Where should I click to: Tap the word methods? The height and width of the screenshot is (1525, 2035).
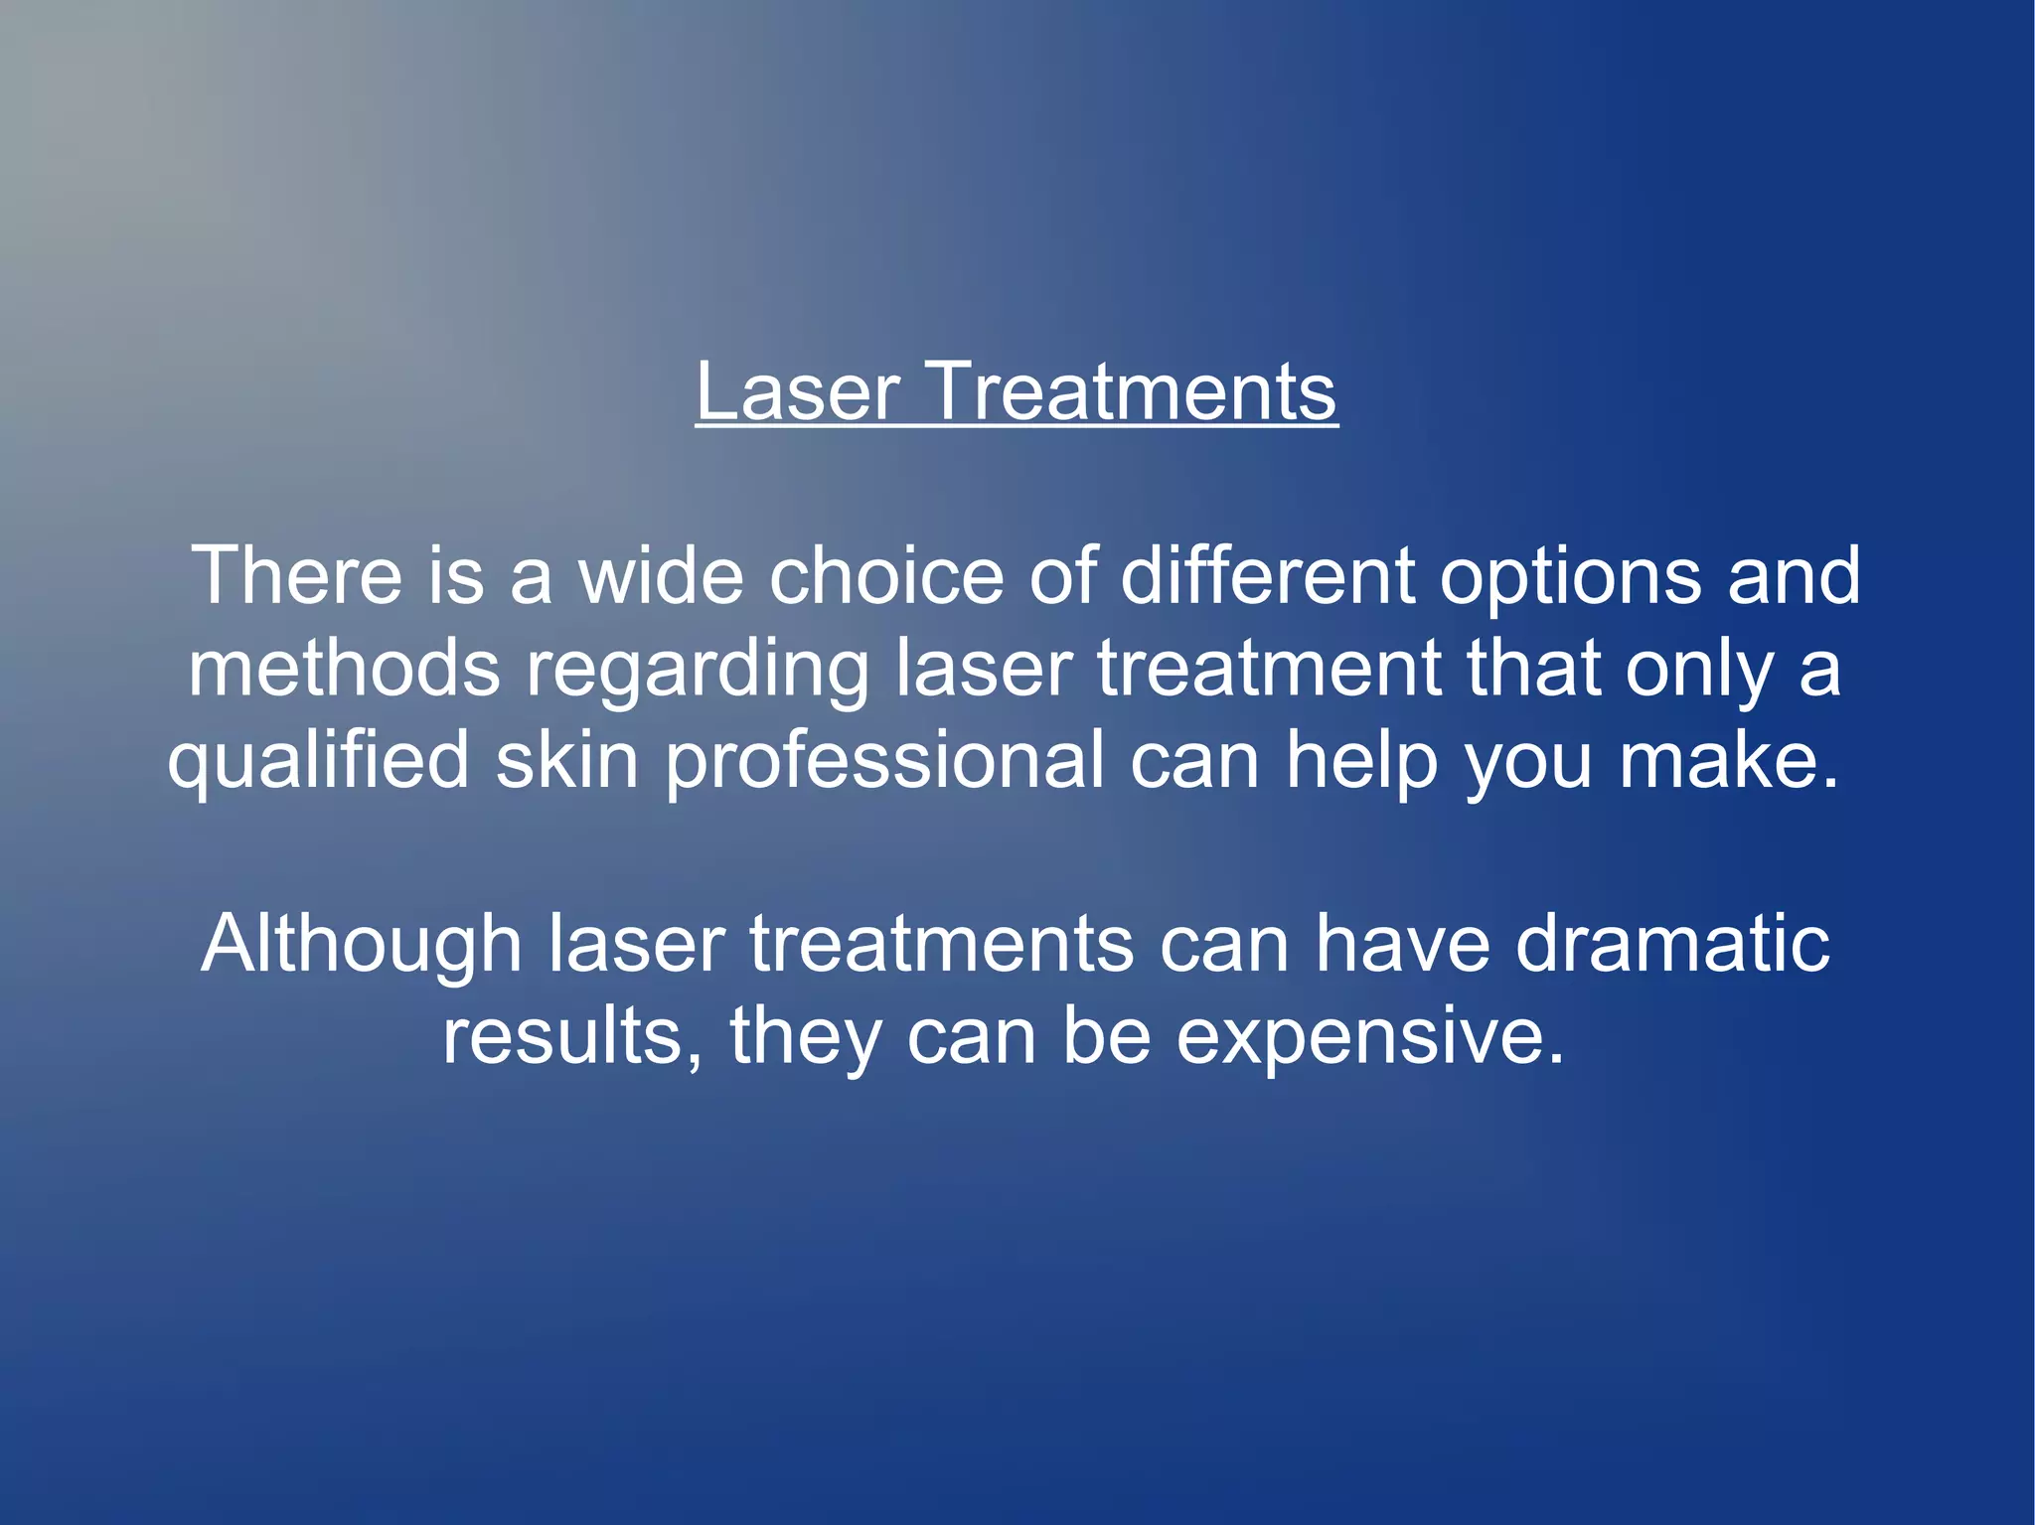[x=344, y=668]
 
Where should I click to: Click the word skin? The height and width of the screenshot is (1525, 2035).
[x=566, y=760]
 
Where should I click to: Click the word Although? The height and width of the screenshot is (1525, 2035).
[x=362, y=946]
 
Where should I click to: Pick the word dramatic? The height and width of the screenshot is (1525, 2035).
[x=1672, y=944]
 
